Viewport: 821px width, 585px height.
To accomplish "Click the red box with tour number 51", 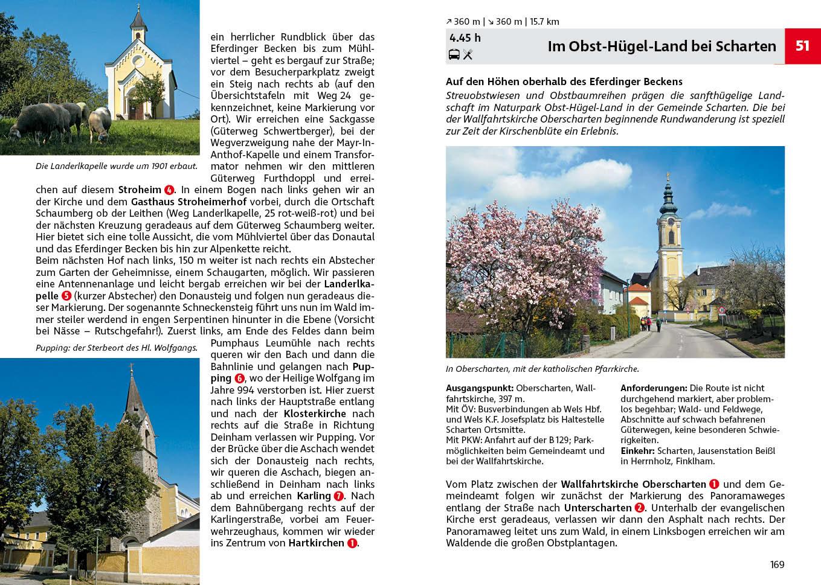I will (x=802, y=46).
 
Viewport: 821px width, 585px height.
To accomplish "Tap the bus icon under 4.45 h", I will (x=454, y=55).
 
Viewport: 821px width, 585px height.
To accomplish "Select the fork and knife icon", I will (x=468, y=55).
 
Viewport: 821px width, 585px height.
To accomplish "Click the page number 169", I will (x=777, y=564).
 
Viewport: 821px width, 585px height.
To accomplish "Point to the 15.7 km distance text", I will (x=544, y=22).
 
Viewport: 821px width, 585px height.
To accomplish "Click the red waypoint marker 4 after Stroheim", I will (x=169, y=190).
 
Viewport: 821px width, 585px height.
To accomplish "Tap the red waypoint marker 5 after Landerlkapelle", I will (x=66, y=296).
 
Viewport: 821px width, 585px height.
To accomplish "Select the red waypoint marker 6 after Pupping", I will (x=239, y=379).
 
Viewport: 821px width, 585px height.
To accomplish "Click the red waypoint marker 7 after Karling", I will (x=338, y=496).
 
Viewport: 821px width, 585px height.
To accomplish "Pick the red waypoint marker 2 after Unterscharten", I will (x=640, y=508).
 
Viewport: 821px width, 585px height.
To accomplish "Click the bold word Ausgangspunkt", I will (x=480, y=388).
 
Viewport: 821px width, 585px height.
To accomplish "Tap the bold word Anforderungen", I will (x=654, y=388).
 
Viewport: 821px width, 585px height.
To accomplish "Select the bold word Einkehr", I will (x=637, y=451).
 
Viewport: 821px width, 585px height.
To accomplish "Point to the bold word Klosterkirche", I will (x=315, y=414).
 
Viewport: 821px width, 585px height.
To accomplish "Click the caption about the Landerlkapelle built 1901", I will (x=117, y=166).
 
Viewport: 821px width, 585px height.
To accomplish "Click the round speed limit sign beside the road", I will (x=722, y=310).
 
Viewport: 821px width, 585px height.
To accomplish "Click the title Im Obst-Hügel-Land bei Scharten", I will (x=662, y=46).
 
